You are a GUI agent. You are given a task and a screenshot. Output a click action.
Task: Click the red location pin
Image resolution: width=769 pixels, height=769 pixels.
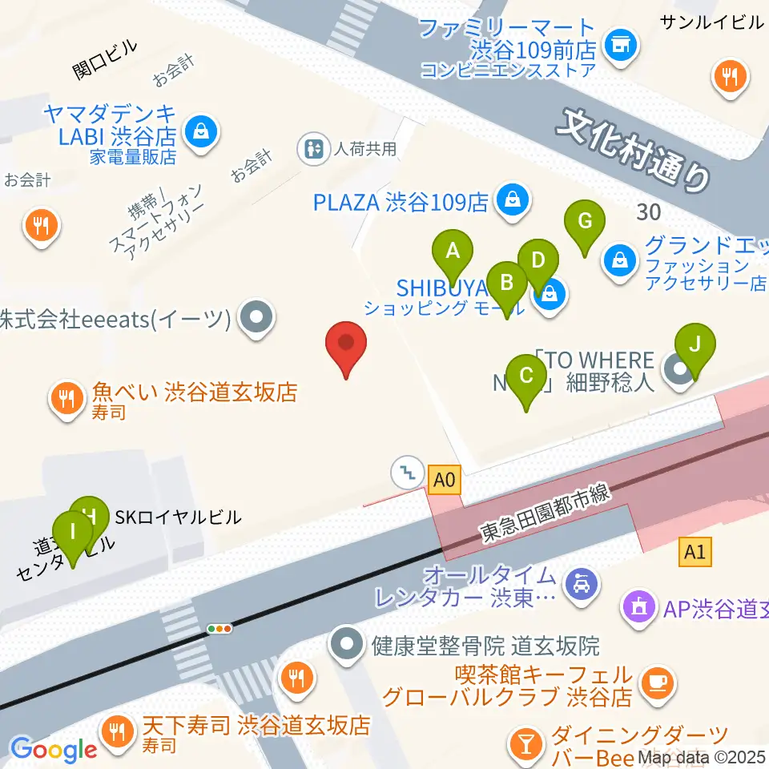tap(346, 348)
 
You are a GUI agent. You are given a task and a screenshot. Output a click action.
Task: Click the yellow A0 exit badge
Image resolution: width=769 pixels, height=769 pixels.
tap(445, 481)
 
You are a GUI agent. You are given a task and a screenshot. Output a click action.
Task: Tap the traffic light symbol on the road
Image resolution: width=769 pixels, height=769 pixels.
tap(219, 629)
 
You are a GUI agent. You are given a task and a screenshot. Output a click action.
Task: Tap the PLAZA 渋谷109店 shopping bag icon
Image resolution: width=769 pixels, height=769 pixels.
tap(510, 200)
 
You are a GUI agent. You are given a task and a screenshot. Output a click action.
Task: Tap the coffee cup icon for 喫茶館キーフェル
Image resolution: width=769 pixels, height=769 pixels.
tap(658, 682)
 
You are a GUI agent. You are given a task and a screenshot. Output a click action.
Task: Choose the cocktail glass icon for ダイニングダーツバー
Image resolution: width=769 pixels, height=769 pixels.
tap(526, 743)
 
